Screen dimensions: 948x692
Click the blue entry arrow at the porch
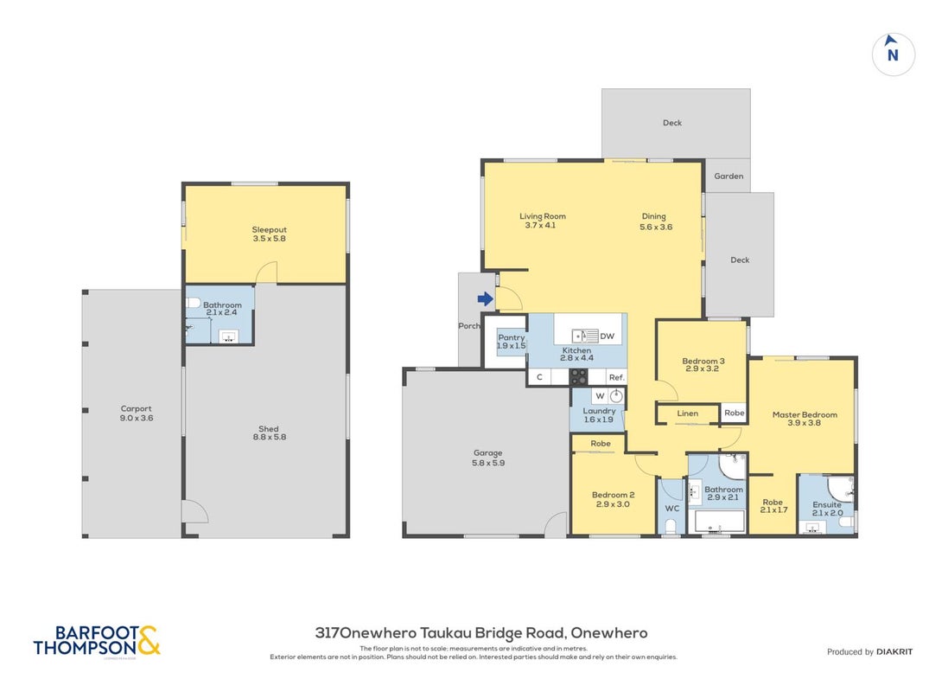tap(485, 298)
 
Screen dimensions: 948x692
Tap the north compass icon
tap(893, 54)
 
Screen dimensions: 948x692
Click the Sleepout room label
tap(269, 229)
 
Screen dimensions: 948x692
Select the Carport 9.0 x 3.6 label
tap(136, 413)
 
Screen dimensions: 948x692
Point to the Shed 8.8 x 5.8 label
tap(269, 432)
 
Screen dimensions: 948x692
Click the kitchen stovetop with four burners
tap(578, 376)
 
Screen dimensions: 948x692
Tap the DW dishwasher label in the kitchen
tap(607, 336)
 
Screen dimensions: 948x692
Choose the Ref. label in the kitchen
tap(616, 377)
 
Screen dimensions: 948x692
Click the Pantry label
tap(511, 337)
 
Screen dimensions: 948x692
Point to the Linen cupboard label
tap(687, 413)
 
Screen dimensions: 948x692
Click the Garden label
tap(728, 176)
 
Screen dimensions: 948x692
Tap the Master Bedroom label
tap(805, 414)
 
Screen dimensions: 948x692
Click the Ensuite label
tap(827, 504)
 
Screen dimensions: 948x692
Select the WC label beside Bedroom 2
tap(672, 508)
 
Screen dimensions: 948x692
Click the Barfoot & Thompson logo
tap(97, 642)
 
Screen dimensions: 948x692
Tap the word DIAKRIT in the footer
tap(894, 651)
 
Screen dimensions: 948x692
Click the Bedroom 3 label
tap(703, 361)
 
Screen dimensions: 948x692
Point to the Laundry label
tap(599, 411)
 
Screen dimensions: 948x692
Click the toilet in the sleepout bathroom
tap(192, 302)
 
